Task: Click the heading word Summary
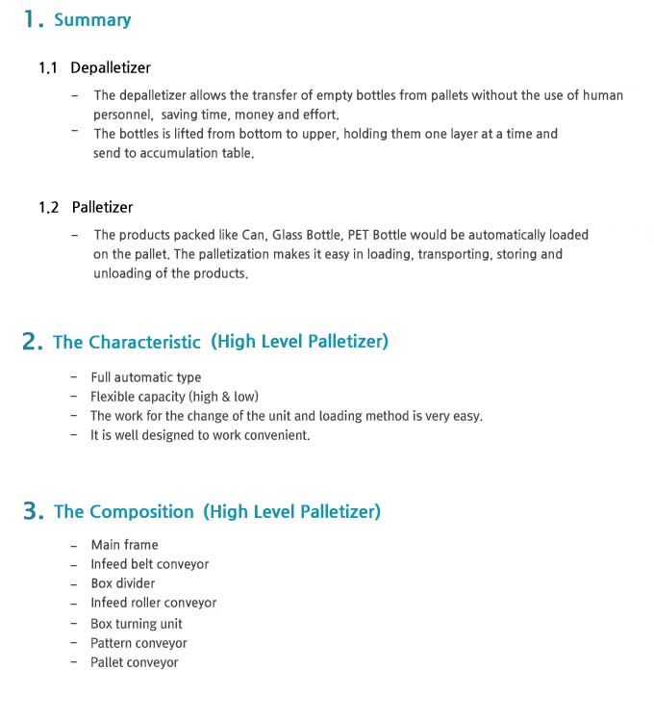pos(92,20)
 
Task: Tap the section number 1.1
pos(48,68)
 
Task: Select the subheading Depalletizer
pos(111,68)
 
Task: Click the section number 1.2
pos(48,208)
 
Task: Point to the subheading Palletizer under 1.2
pos(102,208)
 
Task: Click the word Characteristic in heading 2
pos(144,342)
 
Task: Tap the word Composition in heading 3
pos(141,511)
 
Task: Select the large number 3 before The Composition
pos(32,511)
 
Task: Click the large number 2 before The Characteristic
pos(32,342)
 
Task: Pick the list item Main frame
pos(124,545)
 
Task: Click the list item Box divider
pos(122,583)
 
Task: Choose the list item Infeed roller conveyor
pos(153,603)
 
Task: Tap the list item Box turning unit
pos(136,624)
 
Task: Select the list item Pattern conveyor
pos(138,643)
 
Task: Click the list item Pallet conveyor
pos(134,662)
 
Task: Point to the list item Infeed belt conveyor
pos(149,564)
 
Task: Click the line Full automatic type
pos(145,377)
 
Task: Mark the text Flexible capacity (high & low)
pos(174,397)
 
